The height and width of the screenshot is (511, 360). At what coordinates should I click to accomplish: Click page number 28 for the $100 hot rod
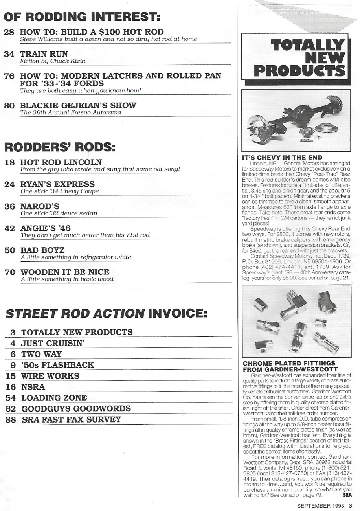9,32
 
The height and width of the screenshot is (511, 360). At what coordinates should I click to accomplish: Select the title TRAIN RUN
44,54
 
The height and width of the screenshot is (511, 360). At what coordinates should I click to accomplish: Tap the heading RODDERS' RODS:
59,147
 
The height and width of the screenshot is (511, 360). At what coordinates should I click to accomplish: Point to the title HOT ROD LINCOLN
61,162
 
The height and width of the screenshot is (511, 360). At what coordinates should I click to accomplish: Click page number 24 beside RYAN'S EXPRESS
9,184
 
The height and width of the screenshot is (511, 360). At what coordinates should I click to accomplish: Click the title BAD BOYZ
42,250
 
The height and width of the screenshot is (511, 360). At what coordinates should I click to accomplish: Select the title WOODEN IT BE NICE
65,272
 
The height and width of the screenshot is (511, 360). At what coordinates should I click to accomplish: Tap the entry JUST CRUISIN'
53,343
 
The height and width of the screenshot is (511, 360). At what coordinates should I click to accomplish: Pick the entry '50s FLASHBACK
57,365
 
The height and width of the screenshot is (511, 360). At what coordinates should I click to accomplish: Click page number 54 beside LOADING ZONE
11,398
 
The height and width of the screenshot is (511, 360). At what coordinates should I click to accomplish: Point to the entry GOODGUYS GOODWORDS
76,409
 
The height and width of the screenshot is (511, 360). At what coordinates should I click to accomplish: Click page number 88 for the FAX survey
11,420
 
